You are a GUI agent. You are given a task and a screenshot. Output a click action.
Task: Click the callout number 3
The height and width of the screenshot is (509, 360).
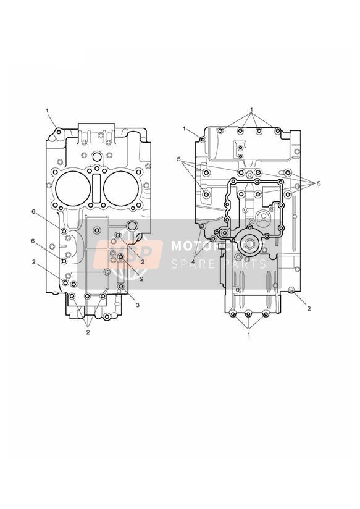tap(138, 305)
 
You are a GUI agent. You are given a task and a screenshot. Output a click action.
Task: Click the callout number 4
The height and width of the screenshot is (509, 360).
tap(193, 261)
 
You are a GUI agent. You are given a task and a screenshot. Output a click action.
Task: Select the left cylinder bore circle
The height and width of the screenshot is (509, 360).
tap(73, 188)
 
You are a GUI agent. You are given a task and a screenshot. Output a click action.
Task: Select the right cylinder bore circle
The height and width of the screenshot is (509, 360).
tap(122, 188)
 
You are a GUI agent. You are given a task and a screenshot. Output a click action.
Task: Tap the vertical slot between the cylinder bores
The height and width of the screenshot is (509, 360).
tap(97, 188)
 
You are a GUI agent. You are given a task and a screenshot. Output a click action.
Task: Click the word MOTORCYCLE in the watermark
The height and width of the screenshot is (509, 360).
tap(218, 246)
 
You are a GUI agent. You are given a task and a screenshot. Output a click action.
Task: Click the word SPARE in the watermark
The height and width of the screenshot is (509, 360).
tap(191, 264)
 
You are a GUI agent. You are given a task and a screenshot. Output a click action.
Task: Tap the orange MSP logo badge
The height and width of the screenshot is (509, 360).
tap(128, 254)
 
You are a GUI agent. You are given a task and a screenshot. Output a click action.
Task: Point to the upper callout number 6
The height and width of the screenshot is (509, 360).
tap(33, 212)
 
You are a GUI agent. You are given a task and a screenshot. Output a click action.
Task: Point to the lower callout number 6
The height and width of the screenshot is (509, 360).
tap(33, 241)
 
